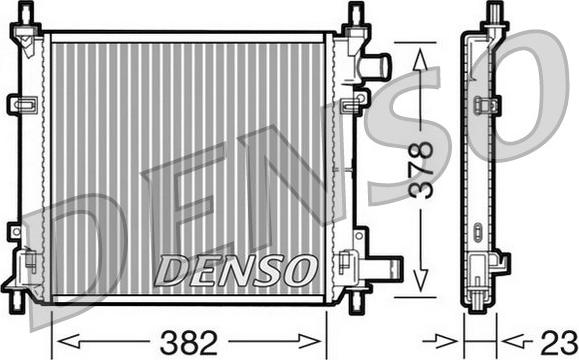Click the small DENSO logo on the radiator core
[237, 268]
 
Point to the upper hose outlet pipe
[376, 67]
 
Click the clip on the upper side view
[488, 105]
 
